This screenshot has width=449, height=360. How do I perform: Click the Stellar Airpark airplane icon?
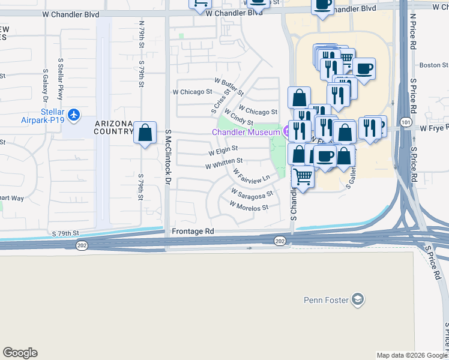pyautogui.click(x=74, y=114)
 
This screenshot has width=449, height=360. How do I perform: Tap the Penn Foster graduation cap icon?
pyautogui.click(x=358, y=299)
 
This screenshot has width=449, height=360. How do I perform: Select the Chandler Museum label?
pyautogui.click(x=246, y=132)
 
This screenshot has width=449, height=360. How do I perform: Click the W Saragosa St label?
pyautogui.click(x=252, y=193)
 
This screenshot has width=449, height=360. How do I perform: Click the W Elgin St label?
pyautogui.click(x=223, y=149)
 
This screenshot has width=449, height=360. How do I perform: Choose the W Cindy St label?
pyautogui.click(x=238, y=117)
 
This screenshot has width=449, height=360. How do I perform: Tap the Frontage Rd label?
pyautogui.click(x=193, y=231)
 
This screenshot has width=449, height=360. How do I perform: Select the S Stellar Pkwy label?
pyautogui.click(x=61, y=79)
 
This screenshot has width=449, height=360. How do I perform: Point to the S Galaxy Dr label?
pyautogui.click(x=45, y=86)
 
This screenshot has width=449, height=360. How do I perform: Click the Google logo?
pyautogui.click(x=20, y=353)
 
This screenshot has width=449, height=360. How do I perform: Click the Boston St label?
pyautogui.click(x=433, y=65)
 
